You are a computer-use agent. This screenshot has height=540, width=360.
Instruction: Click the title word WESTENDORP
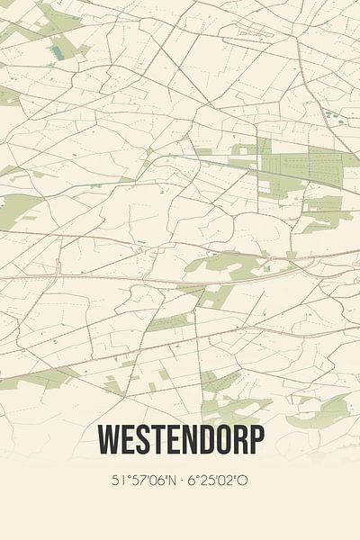pyautogui.click(x=180, y=441)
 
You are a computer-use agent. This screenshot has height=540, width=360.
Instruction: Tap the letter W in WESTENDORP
pyautogui.click(x=108, y=441)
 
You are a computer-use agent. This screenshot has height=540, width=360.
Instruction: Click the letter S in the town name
pyautogui.click(x=142, y=441)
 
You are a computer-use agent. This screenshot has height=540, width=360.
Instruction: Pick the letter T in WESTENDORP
pyautogui.click(x=157, y=441)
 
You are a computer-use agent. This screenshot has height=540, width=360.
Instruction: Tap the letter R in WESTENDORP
pyautogui.click(x=239, y=441)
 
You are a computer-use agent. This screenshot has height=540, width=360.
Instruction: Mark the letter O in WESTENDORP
pyautogui.click(x=223, y=441)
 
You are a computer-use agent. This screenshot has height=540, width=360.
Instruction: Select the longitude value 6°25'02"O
pyautogui.click(x=218, y=481)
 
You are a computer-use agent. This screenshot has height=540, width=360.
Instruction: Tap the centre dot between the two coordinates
pyautogui.click(x=180, y=481)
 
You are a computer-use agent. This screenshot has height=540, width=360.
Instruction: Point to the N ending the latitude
pyautogui.click(x=168, y=481)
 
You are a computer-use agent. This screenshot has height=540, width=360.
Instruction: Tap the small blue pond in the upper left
pyautogui.click(x=58, y=52)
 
